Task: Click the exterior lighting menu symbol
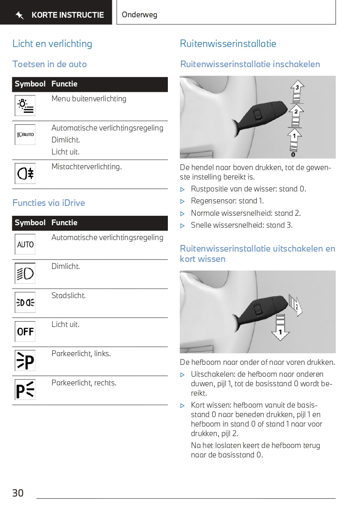point(25,105)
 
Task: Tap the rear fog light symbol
point(25,174)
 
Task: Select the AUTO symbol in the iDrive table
point(25,245)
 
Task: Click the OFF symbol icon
point(25,331)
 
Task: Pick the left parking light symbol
point(25,361)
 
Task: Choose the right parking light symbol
point(25,390)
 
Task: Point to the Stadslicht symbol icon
point(25,303)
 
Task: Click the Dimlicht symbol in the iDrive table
point(25,273)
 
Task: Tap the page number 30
point(18,493)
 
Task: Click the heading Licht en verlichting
point(52,44)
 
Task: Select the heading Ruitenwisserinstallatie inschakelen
point(250,64)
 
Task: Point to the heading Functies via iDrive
point(49,203)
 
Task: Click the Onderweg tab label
point(139,15)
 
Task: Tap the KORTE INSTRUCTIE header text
point(67,15)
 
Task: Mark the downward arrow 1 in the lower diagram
point(281,331)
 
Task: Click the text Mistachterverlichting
point(86,167)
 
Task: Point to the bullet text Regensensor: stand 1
point(227,201)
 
